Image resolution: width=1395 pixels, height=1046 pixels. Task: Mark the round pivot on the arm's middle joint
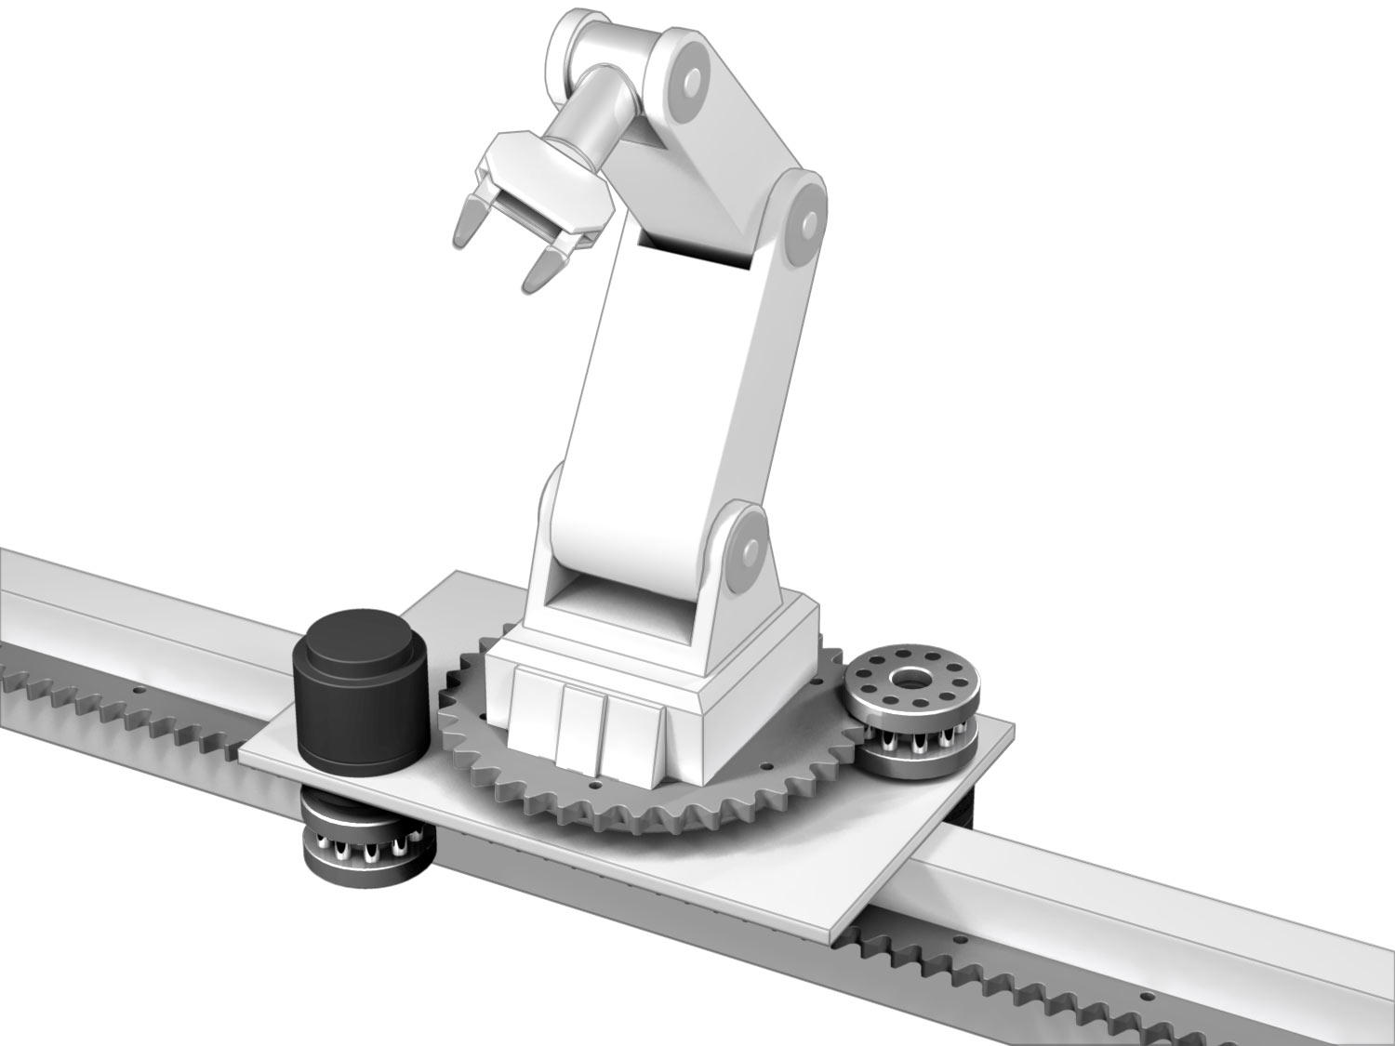click(805, 223)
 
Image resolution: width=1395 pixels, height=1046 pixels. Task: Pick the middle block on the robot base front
click(582, 725)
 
